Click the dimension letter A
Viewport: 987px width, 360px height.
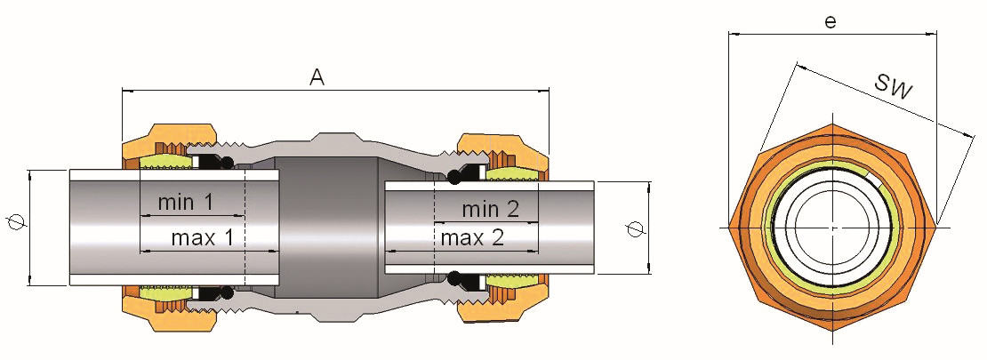[x=317, y=77]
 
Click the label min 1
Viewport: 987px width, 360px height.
[x=185, y=203]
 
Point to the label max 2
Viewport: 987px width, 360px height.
[x=472, y=238]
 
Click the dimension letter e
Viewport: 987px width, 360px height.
[x=831, y=21]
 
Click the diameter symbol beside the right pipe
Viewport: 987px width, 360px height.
[x=633, y=228]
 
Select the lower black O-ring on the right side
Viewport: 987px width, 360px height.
[x=454, y=278]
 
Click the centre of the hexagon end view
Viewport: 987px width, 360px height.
[x=832, y=228]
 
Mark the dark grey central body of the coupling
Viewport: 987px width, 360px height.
[x=325, y=227]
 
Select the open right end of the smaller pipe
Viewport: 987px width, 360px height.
[x=602, y=228]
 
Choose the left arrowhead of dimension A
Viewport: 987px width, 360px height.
[x=124, y=91]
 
